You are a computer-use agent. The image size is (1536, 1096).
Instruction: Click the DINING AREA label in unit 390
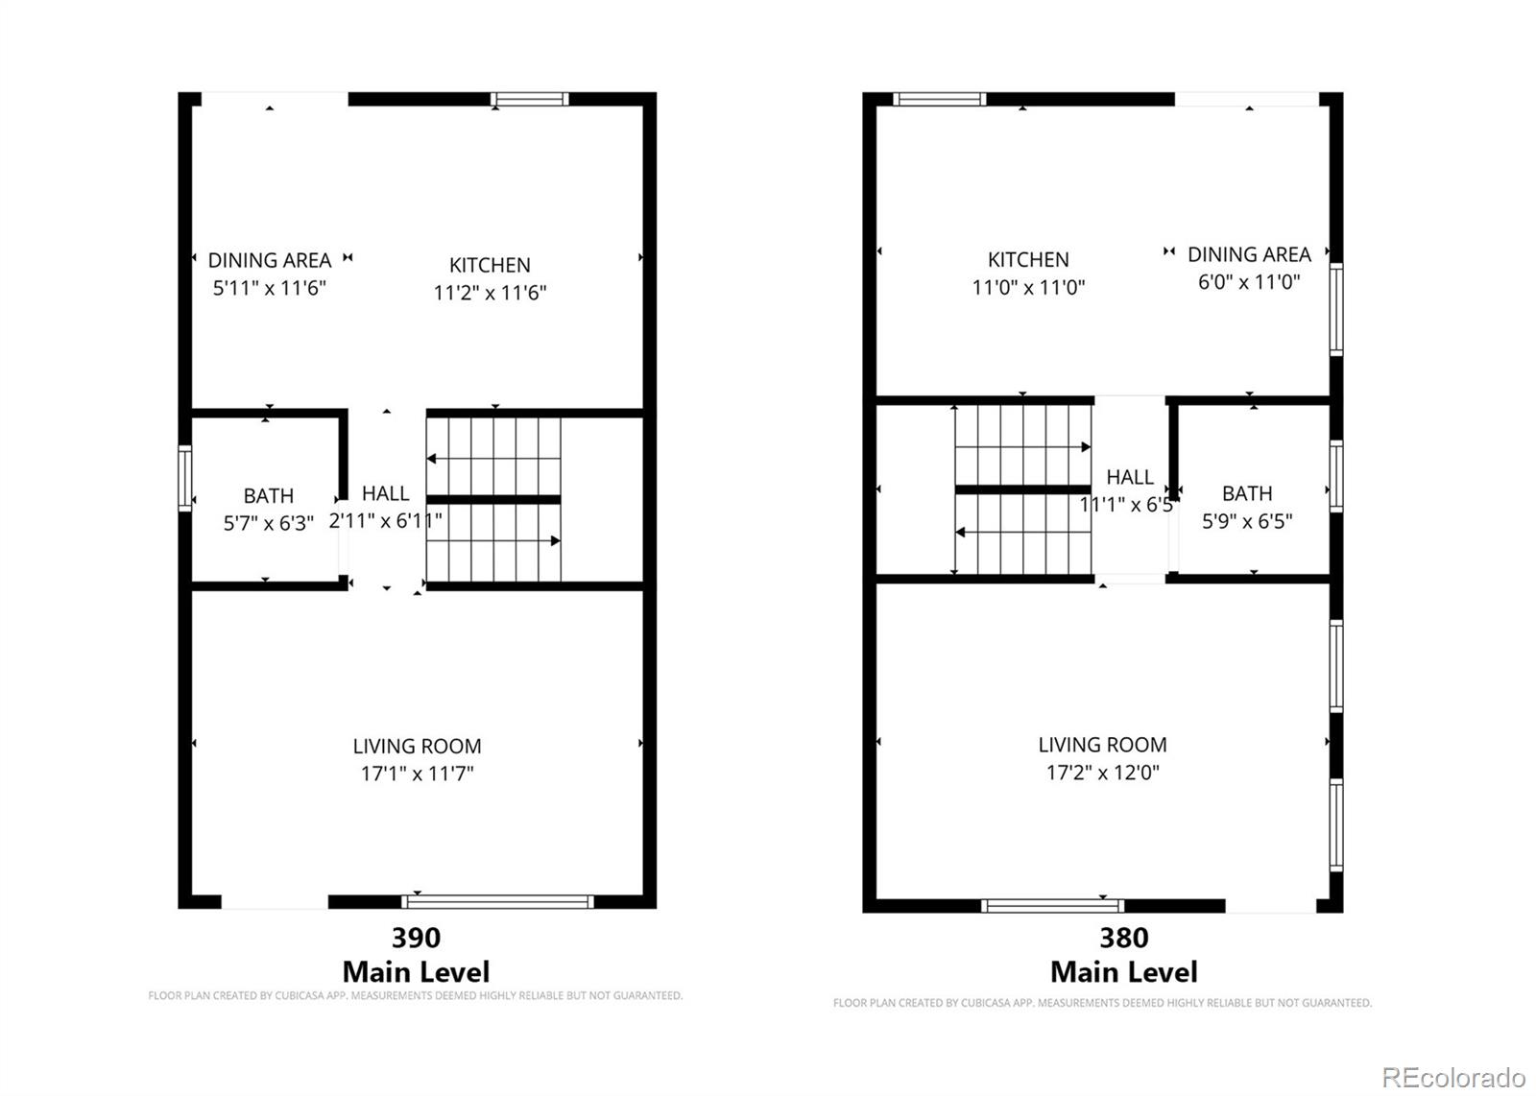(x=270, y=260)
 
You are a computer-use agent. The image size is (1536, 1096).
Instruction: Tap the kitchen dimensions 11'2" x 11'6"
(x=490, y=293)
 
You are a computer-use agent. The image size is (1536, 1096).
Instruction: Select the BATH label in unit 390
(x=268, y=496)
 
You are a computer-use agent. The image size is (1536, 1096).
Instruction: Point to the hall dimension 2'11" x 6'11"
(x=385, y=521)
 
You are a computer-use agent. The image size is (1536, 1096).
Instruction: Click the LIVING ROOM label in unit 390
(x=417, y=746)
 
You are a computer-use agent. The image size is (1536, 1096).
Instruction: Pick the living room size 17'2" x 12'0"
(x=1102, y=773)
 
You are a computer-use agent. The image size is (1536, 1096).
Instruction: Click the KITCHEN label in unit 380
(x=1028, y=259)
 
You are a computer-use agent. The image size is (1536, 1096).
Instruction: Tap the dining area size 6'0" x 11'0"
(x=1248, y=282)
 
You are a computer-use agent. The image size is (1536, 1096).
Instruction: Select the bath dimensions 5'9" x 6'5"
(x=1247, y=521)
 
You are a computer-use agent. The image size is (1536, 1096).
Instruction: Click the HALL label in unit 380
(x=1129, y=477)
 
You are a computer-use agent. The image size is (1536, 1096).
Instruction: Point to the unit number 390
(x=416, y=937)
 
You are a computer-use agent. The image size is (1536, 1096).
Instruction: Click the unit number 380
(x=1123, y=937)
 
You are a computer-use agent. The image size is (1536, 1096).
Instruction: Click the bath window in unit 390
(x=184, y=478)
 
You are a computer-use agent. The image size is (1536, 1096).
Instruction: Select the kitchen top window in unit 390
(x=529, y=99)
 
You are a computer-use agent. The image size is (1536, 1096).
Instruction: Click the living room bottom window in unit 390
(x=497, y=901)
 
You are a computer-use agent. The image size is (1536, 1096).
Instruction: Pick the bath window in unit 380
(x=1335, y=476)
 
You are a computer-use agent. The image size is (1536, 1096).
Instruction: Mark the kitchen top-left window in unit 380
(x=938, y=99)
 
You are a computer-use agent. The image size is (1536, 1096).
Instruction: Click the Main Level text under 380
(x=1123, y=972)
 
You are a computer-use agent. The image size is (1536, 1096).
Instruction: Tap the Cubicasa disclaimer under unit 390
(x=415, y=996)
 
